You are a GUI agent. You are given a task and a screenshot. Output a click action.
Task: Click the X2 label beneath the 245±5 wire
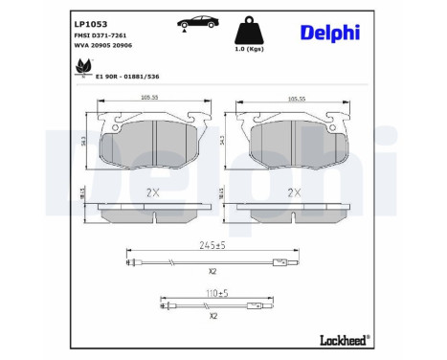pyautogui.click(x=212, y=274)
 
